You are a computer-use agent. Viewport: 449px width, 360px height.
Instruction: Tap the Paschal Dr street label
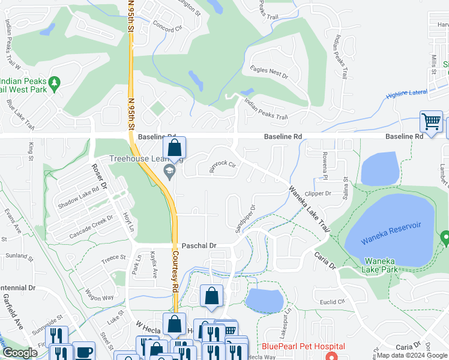pos(199,246)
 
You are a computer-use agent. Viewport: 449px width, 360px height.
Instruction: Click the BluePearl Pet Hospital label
pos(303,347)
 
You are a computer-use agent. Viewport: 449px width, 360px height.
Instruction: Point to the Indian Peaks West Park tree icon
pos(55,82)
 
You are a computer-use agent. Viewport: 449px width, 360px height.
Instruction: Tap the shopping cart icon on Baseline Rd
pos(431,121)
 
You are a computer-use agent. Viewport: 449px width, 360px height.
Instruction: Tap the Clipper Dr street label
pos(318,194)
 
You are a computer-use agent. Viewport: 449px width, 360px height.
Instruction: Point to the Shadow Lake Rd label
pos(78,197)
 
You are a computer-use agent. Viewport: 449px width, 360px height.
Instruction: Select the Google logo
pos(20,353)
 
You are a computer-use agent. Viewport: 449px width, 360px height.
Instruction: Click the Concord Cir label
pos(167,28)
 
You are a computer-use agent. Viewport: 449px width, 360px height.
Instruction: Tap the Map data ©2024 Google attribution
pos(412,355)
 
